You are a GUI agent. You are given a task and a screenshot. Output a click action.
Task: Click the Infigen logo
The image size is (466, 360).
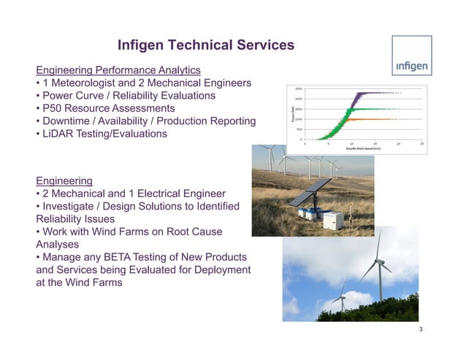(412, 67)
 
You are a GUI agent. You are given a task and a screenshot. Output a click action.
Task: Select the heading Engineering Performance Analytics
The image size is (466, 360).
(118, 70)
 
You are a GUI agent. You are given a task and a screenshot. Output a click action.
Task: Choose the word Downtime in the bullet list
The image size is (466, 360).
(72, 121)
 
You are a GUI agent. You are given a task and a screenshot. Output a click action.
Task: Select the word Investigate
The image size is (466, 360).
(74, 207)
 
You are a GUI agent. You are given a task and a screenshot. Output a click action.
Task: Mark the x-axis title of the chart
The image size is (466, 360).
(364, 148)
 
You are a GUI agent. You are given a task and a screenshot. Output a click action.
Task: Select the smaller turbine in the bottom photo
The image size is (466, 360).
(341, 298)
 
